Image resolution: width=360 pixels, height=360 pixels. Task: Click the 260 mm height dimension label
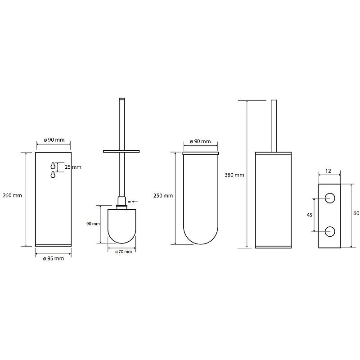pyautogui.click(x=13, y=195)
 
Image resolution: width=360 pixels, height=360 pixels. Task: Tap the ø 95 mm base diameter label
pyautogui.click(x=54, y=258)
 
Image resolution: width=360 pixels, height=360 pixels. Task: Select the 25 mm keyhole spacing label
pyautogui.click(x=73, y=167)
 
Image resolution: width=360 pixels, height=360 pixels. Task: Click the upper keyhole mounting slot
pyautogui.click(x=53, y=166)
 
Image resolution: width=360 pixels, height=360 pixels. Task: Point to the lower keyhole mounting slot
pyautogui.click(x=53, y=175)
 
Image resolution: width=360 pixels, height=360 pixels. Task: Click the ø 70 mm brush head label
pyautogui.click(x=123, y=252)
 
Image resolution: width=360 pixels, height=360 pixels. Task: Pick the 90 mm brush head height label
pyautogui.click(x=93, y=224)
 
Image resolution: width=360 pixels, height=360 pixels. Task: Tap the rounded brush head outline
pyautogui.click(x=121, y=243)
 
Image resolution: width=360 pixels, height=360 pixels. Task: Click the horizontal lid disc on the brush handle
pyautogui.click(x=121, y=151)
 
